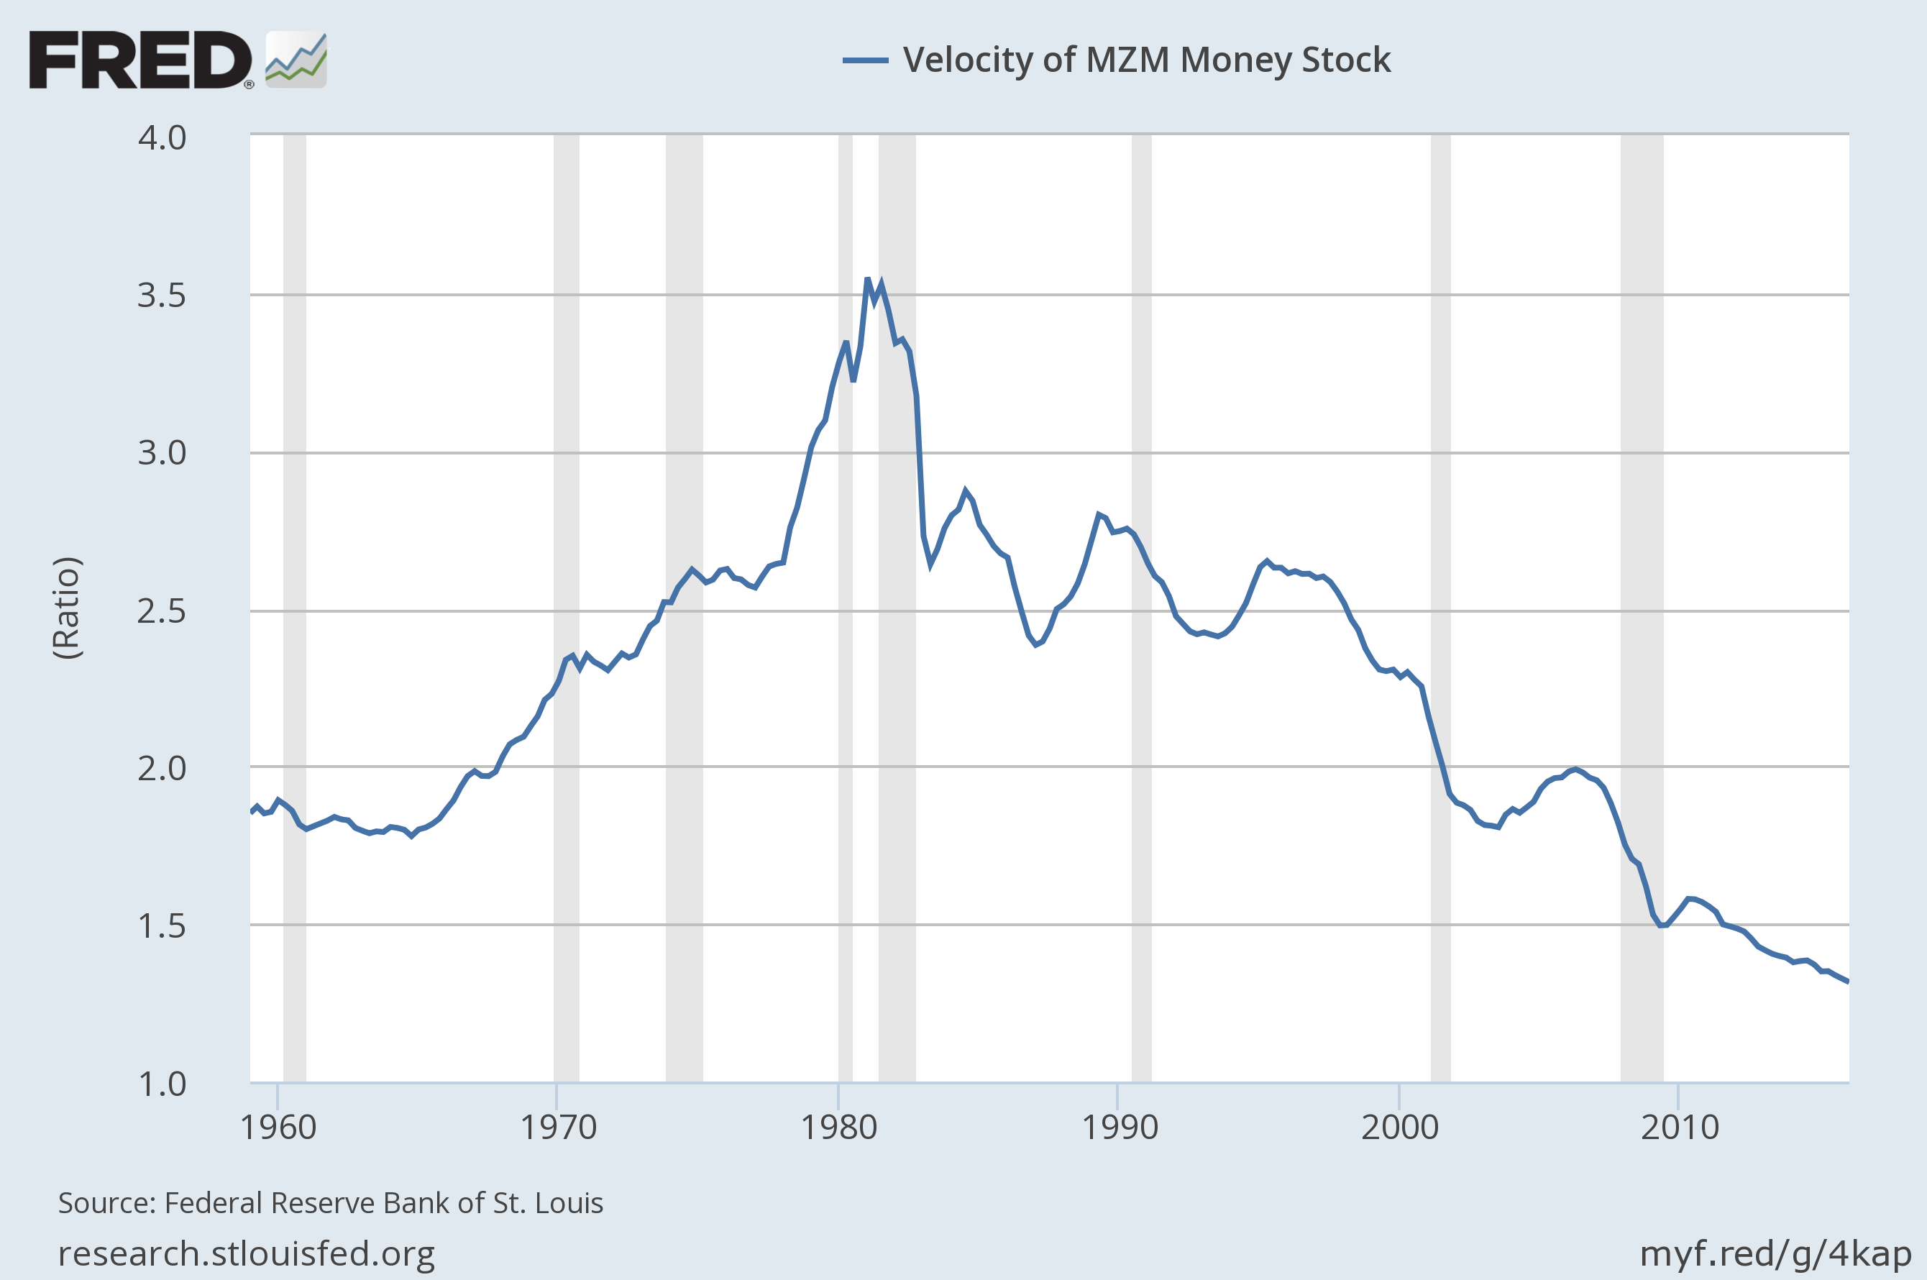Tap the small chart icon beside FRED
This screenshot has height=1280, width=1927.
pyautogui.click(x=296, y=60)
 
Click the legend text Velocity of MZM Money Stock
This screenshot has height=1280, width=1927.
pyautogui.click(x=1146, y=60)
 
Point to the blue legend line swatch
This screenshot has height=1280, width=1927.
pyautogui.click(x=865, y=60)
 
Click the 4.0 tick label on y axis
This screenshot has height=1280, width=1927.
pyautogui.click(x=162, y=138)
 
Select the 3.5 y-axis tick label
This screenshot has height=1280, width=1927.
pyautogui.click(x=162, y=296)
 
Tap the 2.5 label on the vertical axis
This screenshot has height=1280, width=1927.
pyautogui.click(x=162, y=611)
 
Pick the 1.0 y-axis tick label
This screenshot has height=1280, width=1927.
pyautogui.click(x=162, y=1084)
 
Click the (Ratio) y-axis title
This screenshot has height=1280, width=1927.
pyautogui.click(x=67, y=608)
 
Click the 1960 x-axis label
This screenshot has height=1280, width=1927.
pyautogui.click(x=278, y=1128)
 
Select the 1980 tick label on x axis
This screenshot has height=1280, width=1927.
pyautogui.click(x=838, y=1128)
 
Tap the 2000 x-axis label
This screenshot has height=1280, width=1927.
pyautogui.click(x=1399, y=1128)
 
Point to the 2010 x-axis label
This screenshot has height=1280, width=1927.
pyautogui.click(x=1680, y=1128)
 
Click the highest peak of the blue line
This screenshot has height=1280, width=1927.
pyautogui.click(x=868, y=280)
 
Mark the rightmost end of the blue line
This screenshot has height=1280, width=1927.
pyautogui.click(x=1848, y=982)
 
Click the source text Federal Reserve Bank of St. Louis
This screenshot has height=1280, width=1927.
pyautogui.click(x=331, y=1203)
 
